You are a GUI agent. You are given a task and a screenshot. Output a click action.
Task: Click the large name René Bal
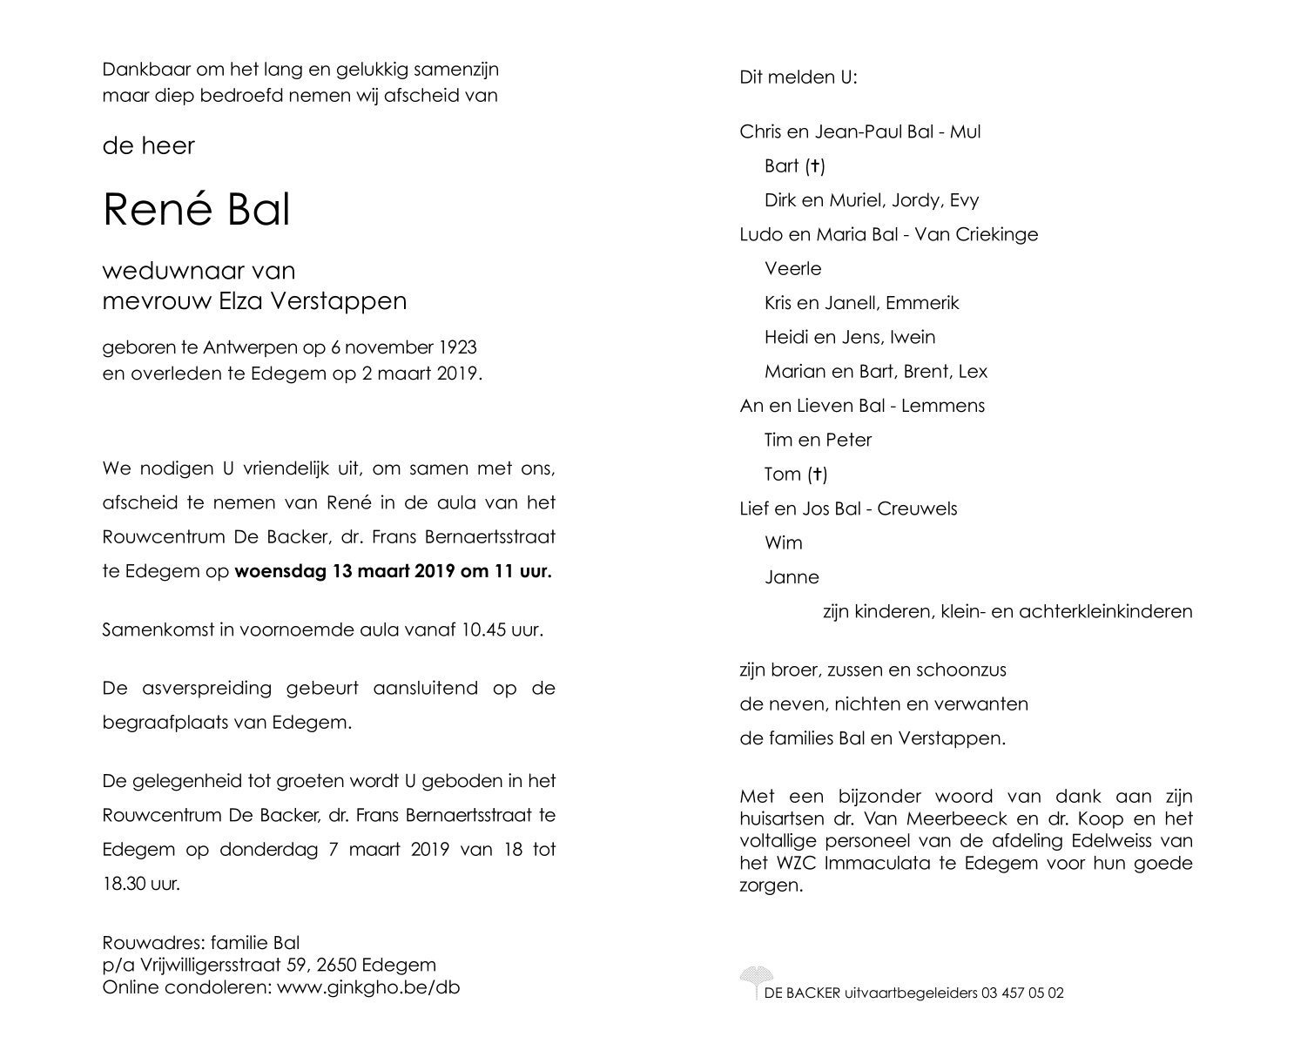click(196, 209)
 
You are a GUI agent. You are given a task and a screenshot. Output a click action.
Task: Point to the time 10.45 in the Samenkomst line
click(483, 629)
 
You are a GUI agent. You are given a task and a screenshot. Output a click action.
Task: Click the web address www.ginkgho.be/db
click(368, 987)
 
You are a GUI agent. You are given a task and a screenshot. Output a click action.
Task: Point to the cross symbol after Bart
click(815, 165)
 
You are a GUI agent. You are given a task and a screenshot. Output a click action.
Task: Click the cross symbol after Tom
click(817, 475)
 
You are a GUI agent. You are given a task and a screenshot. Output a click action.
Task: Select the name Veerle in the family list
click(792, 269)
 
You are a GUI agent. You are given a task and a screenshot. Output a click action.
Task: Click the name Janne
click(792, 577)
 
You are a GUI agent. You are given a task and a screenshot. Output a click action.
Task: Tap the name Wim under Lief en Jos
click(783, 543)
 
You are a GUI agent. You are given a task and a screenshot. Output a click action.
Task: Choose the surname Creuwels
click(917, 508)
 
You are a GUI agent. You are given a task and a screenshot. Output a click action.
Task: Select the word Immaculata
click(879, 864)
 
